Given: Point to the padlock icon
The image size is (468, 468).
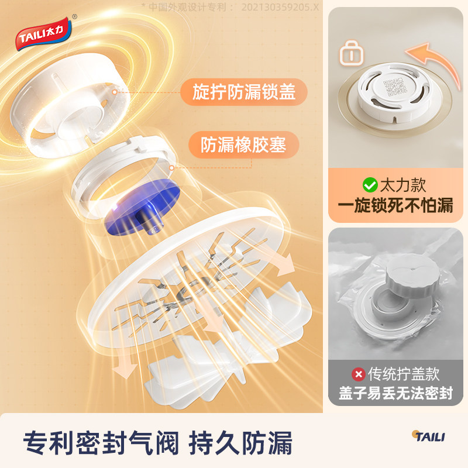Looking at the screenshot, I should click(352, 56).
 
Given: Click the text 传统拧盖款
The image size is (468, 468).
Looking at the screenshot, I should click(403, 373).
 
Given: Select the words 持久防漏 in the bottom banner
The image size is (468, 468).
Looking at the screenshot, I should click(240, 442).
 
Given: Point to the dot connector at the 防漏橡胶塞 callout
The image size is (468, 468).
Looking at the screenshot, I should click(171, 168).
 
